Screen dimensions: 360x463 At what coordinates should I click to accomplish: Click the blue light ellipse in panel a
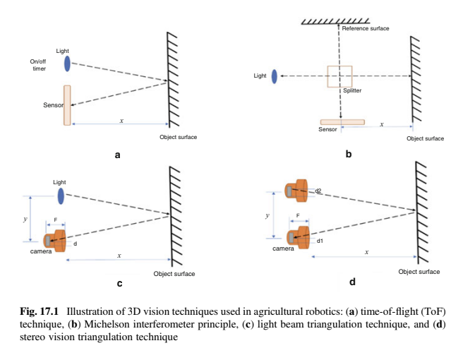(x=67, y=64)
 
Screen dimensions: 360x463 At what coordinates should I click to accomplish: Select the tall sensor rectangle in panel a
(x=67, y=105)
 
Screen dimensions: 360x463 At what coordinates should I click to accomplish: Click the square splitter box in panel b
(x=339, y=76)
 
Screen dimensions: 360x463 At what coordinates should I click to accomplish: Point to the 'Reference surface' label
(x=366, y=28)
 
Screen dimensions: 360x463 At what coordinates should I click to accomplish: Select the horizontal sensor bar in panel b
(x=342, y=122)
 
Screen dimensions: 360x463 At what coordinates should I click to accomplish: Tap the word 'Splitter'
(x=352, y=91)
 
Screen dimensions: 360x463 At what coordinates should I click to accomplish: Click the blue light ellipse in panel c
(x=61, y=195)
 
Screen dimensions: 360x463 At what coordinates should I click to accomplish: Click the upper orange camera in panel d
(x=297, y=190)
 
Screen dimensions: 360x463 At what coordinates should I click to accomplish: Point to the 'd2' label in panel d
(x=318, y=191)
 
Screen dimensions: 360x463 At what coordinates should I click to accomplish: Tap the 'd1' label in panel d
(x=320, y=241)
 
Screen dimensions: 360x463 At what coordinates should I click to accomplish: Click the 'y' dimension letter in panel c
(x=25, y=219)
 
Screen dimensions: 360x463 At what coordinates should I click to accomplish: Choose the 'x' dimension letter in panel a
(x=121, y=121)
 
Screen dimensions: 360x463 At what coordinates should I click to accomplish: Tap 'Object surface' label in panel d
(x=419, y=272)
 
